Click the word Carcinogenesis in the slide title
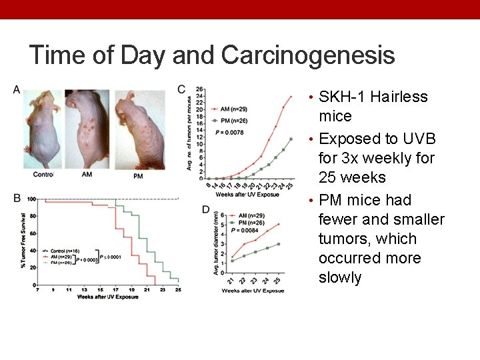pyautogui.click(x=308, y=55)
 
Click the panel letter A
pyautogui.click(x=16, y=89)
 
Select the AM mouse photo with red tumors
pyautogui.click(x=88, y=130)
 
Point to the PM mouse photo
pyautogui.click(x=139, y=130)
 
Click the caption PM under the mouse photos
pyautogui.click(x=138, y=175)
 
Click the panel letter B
pyautogui.click(x=16, y=197)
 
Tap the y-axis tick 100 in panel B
pyautogui.click(x=31, y=199)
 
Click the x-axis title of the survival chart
pyautogui.click(x=107, y=297)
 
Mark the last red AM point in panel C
pyautogui.click(x=291, y=96)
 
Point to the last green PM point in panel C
pyautogui.click(x=291, y=139)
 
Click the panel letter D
pyautogui.click(x=206, y=210)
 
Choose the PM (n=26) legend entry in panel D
pyautogui.click(x=249, y=223)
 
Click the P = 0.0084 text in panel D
pyautogui.click(x=246, y=230)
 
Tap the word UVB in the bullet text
pyautogui.click(x=419, y=139)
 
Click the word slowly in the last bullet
pyautogui.click(x=340, y=277)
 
